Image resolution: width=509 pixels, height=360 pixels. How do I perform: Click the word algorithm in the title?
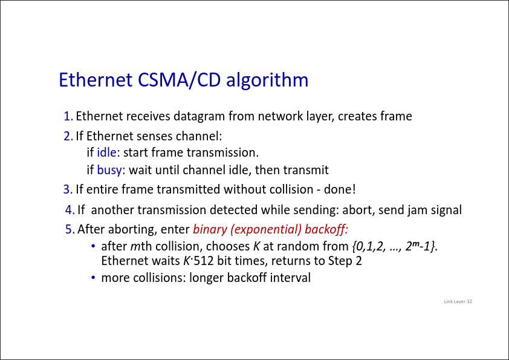click(267, 80)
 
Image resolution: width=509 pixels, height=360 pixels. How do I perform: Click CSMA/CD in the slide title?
click(179, 80)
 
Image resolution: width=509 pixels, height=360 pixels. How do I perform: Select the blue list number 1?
click(68, 116)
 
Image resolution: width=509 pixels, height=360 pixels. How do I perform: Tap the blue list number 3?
click(68, 189)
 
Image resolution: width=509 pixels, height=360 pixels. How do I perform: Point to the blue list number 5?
click(70, 229)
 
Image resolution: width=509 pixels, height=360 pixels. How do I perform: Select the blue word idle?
click(108, 152)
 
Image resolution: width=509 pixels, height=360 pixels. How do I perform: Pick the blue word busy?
click(111, 170)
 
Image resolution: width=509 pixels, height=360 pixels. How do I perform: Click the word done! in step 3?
click(340, 189)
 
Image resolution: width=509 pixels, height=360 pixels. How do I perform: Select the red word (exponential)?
click(266, 230)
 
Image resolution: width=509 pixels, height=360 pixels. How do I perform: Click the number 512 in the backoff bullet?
click(204, 261)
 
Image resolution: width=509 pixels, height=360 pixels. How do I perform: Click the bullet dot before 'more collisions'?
click(94, 278)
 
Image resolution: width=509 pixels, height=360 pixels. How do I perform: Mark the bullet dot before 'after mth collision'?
click(94, 246)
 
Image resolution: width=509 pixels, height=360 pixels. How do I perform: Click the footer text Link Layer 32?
click(458, 301)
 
